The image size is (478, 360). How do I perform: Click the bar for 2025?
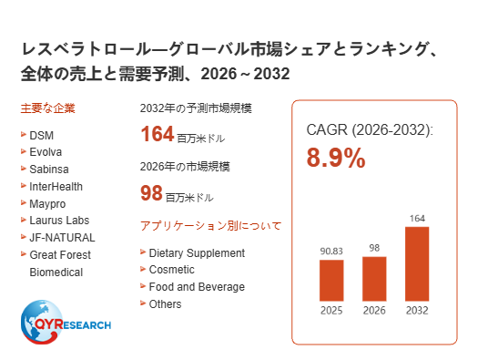click(331, 281)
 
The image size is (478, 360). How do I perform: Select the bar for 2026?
click(374, 279)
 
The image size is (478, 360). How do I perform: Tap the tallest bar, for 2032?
click(417, 264)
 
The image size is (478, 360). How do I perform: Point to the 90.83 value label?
click(331, 251)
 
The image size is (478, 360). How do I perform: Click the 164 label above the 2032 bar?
click(417, 219)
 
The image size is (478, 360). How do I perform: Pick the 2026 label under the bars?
click(374, 311)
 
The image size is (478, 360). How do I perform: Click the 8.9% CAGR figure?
click(336, 158)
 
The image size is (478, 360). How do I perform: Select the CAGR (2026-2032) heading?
click(370, 130)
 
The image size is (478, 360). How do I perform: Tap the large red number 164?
click(157, 134)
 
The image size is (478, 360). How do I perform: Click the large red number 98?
click(151, 193)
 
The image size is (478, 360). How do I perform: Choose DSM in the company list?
click(42, 135)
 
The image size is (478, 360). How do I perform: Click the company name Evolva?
click(46, 152)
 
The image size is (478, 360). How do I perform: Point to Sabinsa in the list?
click(49, 170)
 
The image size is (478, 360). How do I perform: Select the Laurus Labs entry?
click(59, 221)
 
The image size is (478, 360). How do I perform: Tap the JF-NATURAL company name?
click(62, 237)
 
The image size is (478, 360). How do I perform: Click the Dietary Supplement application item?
click(197, 253)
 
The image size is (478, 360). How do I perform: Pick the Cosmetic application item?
click(172, 270)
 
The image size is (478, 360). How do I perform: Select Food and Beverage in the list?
click(197, 287)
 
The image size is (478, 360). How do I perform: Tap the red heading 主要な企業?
click(48, 108)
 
